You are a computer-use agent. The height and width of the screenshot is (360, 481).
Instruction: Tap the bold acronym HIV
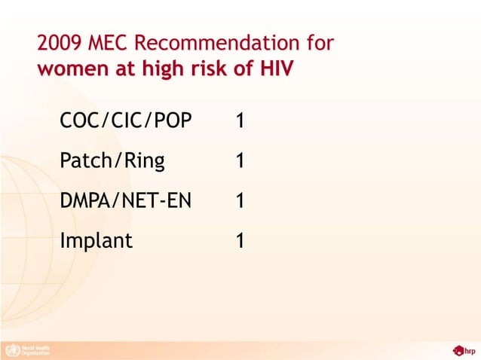coord(276,69)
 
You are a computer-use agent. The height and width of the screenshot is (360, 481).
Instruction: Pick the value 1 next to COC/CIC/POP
coord(239,121)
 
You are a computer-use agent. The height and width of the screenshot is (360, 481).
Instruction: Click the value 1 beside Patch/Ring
coord(239,161)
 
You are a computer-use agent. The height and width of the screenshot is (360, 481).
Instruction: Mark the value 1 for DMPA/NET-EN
coord(239,201)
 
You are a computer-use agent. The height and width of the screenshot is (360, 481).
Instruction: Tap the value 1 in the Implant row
coord(239,241)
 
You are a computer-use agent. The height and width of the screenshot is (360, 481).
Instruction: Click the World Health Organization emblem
coord(11,349)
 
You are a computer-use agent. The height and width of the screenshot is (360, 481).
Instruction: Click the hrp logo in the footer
coord(464,349)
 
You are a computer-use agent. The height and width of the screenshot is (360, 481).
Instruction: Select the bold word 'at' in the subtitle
coord(118,69)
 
